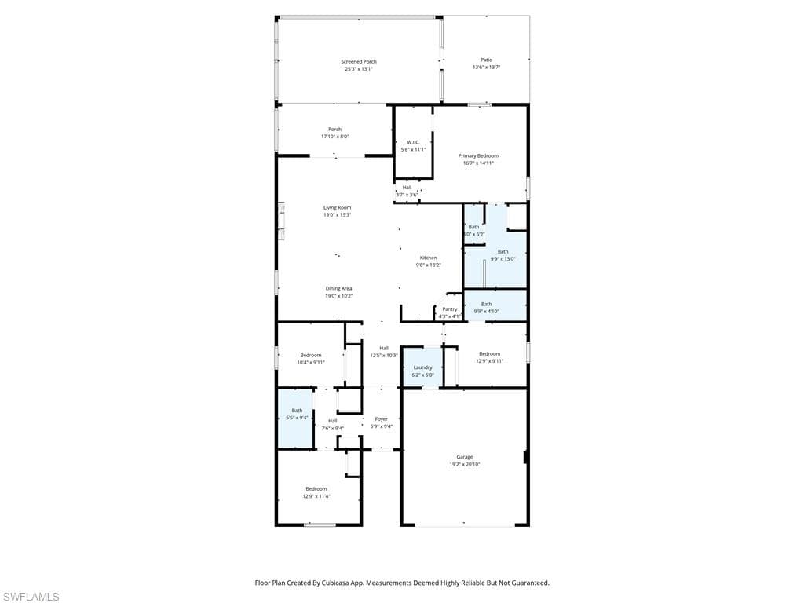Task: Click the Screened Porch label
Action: tap(358, 61)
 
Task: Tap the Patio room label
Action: tap(486, 60)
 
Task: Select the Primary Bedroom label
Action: tap(478, 155)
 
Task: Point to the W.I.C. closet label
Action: tap(413, 142)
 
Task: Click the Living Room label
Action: tap(337, 207)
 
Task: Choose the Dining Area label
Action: tap(338, 288)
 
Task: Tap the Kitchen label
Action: tap(428, 258)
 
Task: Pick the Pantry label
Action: tap(449, 309)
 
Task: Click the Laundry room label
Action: tap(422, 367)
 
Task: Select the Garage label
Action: tap(464, 456)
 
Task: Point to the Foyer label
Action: tap(381, 419)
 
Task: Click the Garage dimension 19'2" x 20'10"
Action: tap(464, 464)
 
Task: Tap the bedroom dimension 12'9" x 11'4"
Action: tap(316, 496)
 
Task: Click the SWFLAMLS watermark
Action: tap(31, 598)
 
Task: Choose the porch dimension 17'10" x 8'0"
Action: tap(334, 137)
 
